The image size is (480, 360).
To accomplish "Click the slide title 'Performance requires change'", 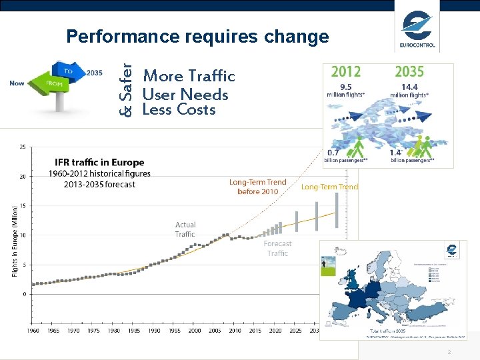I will (x=197, y=36).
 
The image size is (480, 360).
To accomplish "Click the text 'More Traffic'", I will (x=189, y=76).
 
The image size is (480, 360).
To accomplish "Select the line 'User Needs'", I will (x=185, y=95).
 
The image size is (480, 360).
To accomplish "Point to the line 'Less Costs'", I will (x=179, y=110).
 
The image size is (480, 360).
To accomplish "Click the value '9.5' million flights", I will (x=345, y=86).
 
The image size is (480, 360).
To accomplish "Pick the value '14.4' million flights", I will (x=409, y=86).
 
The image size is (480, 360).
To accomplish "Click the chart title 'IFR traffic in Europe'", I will (x=99, y=163).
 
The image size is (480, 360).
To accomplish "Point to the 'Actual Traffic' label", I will (x=185, y=229).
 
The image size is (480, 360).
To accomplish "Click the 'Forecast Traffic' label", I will (x=277, y=248).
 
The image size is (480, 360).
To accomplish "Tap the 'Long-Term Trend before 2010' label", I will (x=257, y=187).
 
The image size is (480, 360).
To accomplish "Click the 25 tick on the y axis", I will (x=23, y=147).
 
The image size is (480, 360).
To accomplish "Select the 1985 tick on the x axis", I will (x=134, y=331).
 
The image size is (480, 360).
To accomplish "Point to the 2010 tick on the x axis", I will (x=235, y=331).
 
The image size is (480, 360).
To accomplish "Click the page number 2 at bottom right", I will (x=449, y=352).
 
